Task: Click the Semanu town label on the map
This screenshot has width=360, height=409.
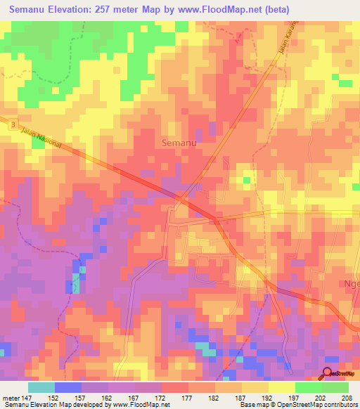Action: pyautogui.click(x=179, y=143)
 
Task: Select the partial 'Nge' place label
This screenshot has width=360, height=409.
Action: pyautogui.click(x=351, y=284)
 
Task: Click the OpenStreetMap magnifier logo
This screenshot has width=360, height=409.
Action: pyautogui.click(x=328, y=373)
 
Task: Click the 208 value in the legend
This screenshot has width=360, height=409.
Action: pyautogui.click(x=345, y=398)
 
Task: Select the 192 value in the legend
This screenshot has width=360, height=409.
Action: pyautogui.click(x=267, y=398)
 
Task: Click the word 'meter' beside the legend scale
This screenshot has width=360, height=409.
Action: pyautogui.click(x=11, y=398)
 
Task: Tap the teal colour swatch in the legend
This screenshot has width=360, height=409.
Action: pyautogui.click(x=41, y=387)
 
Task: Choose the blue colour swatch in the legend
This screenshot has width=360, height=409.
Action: pyautogui.click(x=67, y=387)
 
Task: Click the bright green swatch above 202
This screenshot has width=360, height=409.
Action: pyautogui.click(x=308, y=387)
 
